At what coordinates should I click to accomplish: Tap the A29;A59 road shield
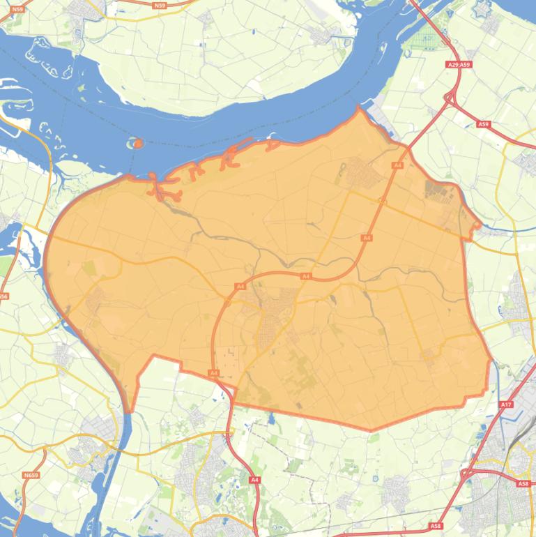coord(459,65)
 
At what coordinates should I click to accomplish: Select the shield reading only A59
coord(484,124)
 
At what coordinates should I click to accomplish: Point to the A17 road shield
coord(506,404)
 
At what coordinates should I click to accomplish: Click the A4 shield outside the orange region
coord(254,480)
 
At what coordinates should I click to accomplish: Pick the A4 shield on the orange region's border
coord(214,373)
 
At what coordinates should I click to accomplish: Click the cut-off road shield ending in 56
coord(3,296)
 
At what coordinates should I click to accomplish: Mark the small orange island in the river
coord(137,144)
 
